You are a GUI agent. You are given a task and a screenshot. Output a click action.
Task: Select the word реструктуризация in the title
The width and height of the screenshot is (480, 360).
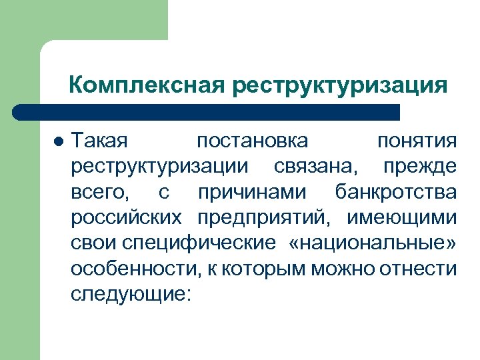340,85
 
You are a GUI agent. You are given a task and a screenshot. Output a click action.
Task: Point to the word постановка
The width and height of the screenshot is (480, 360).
253,141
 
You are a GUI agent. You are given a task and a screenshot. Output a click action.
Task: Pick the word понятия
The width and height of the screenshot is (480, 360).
417,141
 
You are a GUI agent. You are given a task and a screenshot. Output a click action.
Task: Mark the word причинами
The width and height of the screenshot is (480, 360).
253,193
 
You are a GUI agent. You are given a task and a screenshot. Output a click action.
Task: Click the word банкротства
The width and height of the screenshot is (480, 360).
396,193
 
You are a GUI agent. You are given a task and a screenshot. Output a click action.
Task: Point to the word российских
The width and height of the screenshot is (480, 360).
127,218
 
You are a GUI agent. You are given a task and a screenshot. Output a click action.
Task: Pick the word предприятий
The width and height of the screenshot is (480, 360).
266,218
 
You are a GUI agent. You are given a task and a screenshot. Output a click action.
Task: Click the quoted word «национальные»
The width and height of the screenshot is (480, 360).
373,243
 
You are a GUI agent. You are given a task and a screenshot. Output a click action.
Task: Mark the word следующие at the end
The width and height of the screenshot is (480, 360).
130,295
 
